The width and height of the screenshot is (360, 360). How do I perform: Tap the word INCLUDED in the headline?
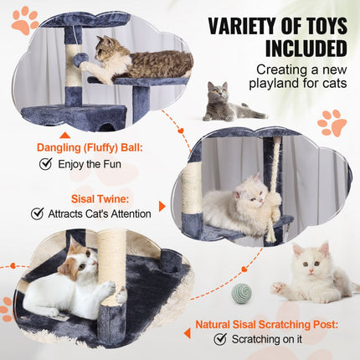pos(304,48)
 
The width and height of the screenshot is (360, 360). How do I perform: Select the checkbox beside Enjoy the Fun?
pos(45,164)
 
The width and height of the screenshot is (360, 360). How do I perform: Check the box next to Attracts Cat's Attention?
pos(37,213)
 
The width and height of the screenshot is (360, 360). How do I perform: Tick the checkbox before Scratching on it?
pos(220,339)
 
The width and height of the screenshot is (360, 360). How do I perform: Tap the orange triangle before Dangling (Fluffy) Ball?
pos(64,135)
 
